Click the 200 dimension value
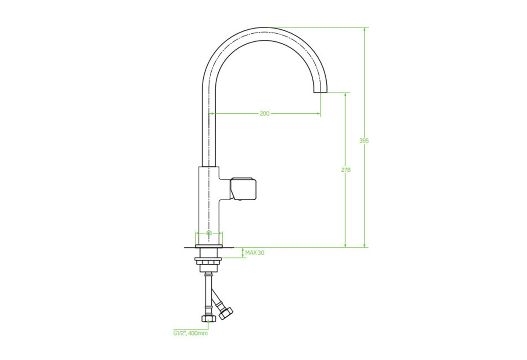click(x=264, y=114)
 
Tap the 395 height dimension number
click(x=364, y=140)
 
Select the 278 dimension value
click(x=346, y=170)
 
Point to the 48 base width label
click(x=209, y=233)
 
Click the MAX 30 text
click(x=255, y=253)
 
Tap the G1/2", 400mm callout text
click(x=191, y=333)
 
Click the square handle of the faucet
click(x=243, y=189)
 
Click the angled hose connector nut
click(x=226, y=313)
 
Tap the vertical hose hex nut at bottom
click(x=209, y=319)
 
